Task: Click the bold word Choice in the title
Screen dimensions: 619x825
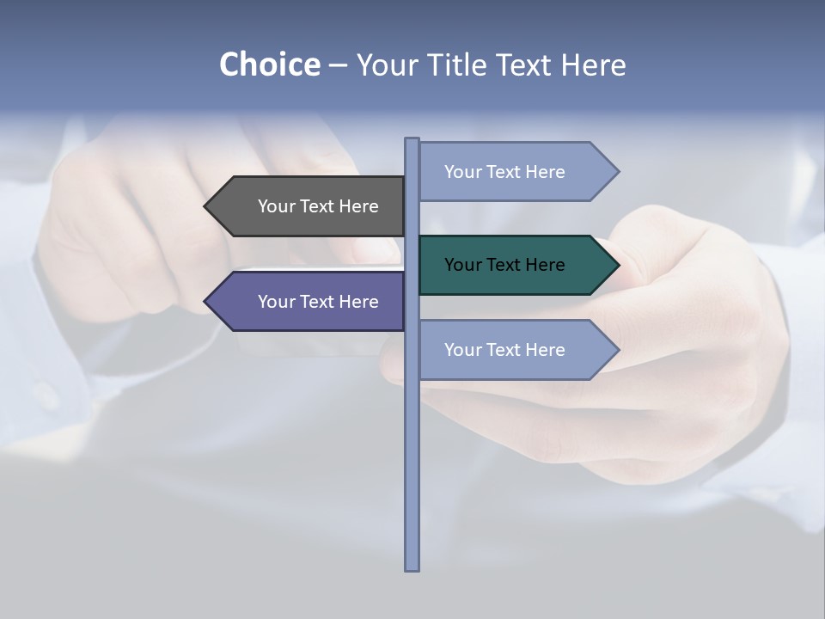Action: point(269,64)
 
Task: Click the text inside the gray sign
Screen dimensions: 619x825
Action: point(318,206)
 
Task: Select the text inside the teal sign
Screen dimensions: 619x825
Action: point(504,265)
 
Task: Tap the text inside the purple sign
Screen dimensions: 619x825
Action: point(318,302)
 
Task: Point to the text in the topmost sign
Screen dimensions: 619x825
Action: point(504,172)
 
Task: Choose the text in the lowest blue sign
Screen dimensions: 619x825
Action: point(504,350)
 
